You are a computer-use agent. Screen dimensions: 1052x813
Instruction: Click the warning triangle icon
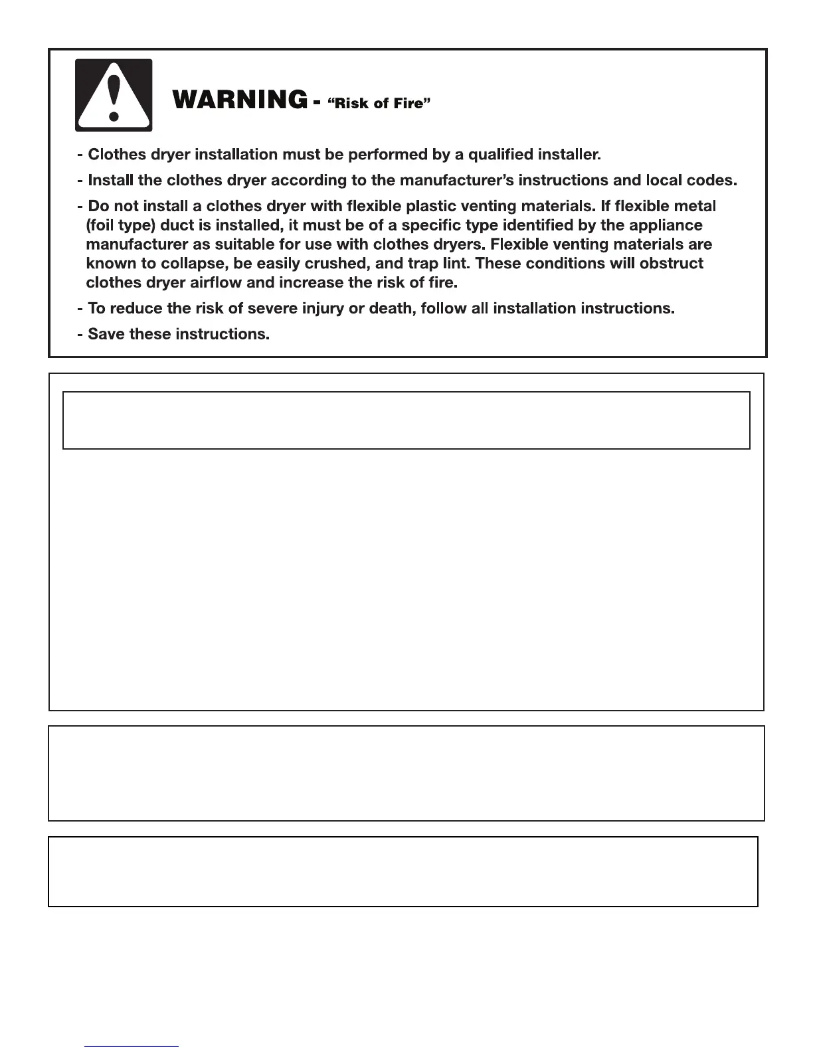(114, 94)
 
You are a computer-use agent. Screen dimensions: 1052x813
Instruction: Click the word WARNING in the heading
(240, 100)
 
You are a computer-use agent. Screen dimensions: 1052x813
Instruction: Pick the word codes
(714, 181)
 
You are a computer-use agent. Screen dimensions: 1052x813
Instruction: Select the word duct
(175, 226)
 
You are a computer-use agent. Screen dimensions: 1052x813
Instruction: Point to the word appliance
(667, 226)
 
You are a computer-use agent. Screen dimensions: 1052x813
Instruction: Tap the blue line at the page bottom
(132, 1047)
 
